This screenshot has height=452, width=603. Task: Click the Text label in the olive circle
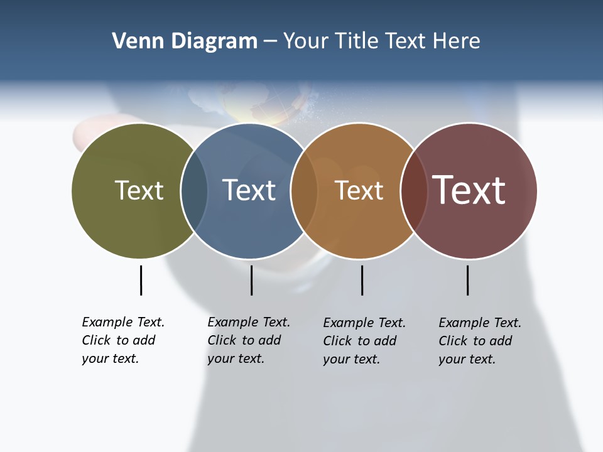(139, 190)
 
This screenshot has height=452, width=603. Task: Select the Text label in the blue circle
(249, 190)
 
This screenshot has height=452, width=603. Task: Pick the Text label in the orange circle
(359, 190)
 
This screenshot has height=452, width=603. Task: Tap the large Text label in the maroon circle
(469, 190)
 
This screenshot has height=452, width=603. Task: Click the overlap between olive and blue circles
(194, 190)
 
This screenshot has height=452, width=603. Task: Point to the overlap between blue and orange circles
(304, 190)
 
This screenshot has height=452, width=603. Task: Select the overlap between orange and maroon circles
(413, 190)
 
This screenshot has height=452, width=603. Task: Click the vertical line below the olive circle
(141, 280)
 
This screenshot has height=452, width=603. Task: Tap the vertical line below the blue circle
(251, 280)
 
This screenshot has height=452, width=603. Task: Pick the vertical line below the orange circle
(362, 280)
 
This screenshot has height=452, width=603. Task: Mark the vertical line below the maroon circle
(467, 280)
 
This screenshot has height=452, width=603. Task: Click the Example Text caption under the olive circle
(122, 340)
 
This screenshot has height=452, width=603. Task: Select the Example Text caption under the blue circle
(248, 340)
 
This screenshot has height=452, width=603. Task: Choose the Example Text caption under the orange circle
(364, 341)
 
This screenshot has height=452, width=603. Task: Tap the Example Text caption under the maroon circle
(479, 341)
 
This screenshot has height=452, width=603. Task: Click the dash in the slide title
(270, 42)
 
